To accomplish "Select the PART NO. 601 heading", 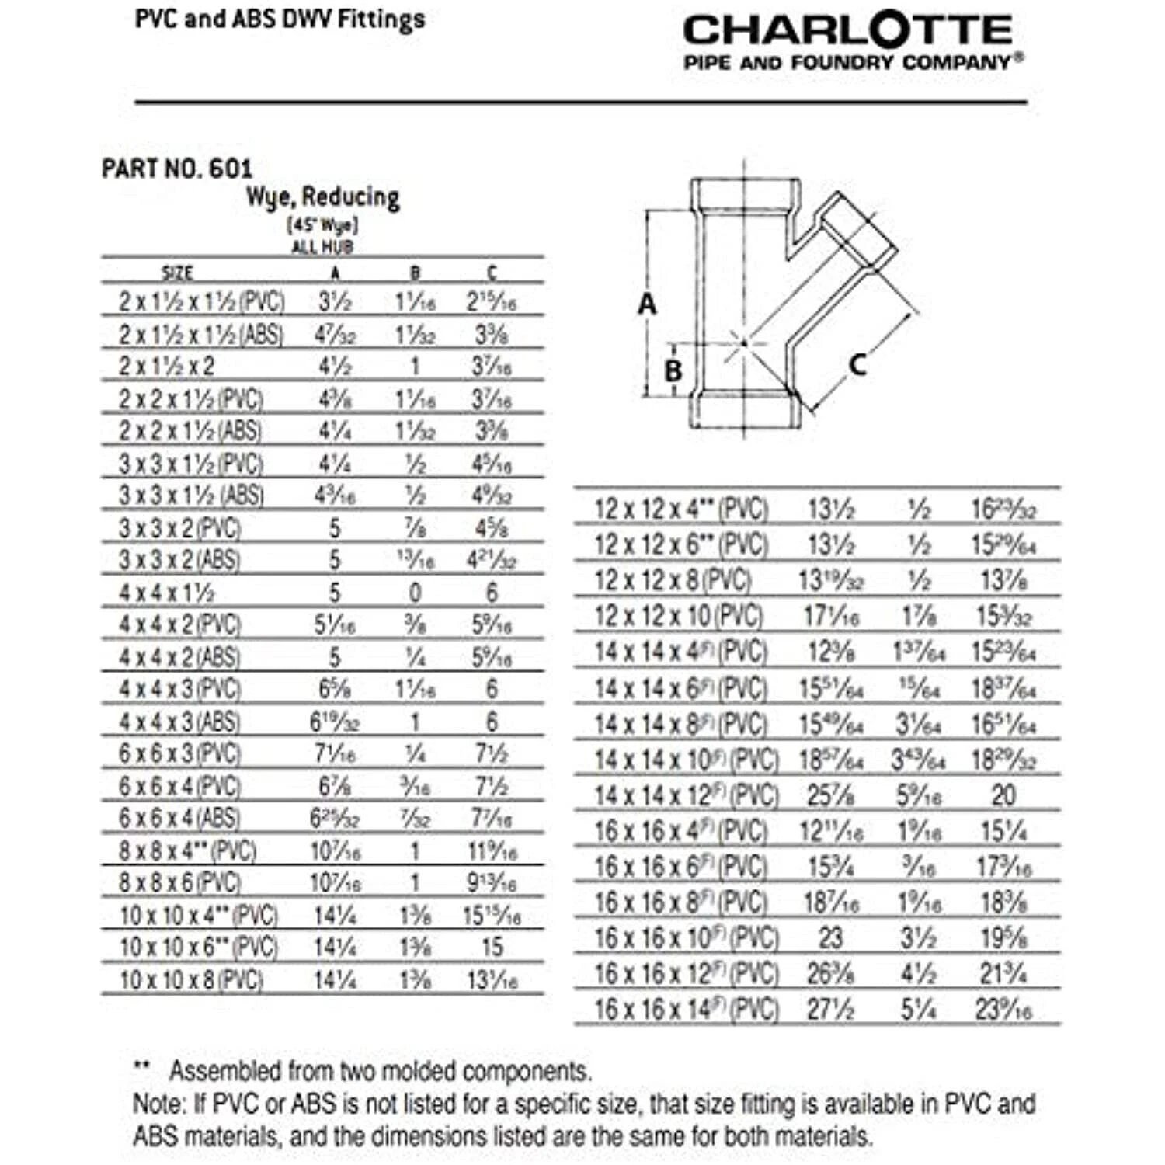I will tap(177, 169).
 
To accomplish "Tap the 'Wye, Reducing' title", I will tap(323, 197).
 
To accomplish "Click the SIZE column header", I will tap(177, 273).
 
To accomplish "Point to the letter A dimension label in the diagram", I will tap(647, 304).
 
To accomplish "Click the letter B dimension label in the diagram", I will tap(673, 370).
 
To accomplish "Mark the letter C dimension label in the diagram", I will tap(857, 363).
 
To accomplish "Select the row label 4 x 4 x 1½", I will tap(167, 593).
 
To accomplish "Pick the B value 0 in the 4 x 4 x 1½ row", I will tap(416, 593).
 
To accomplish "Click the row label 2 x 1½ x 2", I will tap(167, 366).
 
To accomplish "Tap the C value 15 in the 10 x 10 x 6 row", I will tap(492, 948).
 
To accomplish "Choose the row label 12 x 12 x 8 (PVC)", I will tap(673, 580).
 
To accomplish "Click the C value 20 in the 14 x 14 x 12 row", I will tap(1003, 795).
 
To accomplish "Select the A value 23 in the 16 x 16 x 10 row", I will tap(830, 938).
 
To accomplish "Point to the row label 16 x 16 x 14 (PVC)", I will tap(687, 1010).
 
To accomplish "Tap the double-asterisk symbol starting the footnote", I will tap(141, 1069).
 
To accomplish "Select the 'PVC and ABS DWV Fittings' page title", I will tap(280, 19).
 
